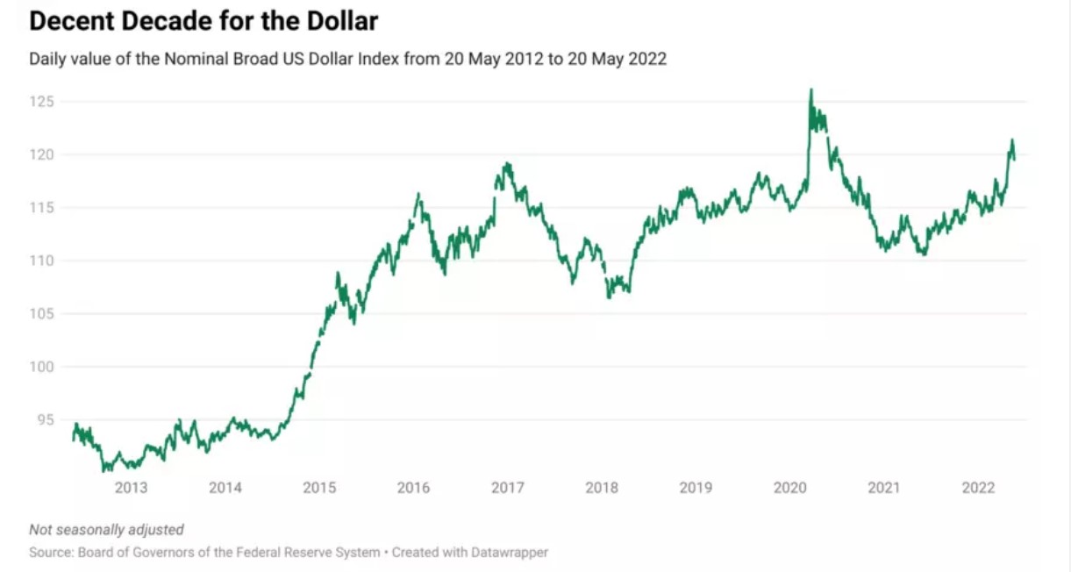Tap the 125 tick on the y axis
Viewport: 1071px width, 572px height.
[41, 102]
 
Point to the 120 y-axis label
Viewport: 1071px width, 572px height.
[41, 155]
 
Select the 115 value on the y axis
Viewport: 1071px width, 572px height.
[41, 208]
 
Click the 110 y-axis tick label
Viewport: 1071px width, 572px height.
[41, 261]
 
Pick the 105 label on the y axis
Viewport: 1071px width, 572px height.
[41, 314]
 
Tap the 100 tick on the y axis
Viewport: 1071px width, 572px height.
[41, 367]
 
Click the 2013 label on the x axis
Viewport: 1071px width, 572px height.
[131, 488]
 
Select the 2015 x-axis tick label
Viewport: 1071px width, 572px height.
[319, 488]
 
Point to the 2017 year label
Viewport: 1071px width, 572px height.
[507, 488]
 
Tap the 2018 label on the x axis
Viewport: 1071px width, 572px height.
[602, 488]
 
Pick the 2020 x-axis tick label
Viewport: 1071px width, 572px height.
[789, 488]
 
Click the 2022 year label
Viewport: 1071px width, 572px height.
[978, 488]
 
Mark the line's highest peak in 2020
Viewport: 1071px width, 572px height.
[810, 89]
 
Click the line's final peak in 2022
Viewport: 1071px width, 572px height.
[1012, 139]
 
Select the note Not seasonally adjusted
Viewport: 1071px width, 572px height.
[106, 530]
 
